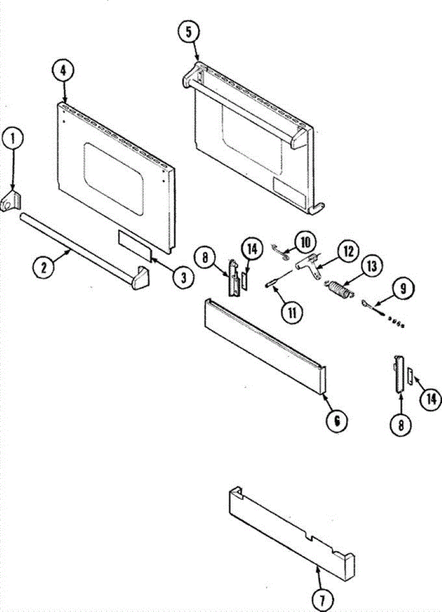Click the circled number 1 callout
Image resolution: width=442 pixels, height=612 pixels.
13,139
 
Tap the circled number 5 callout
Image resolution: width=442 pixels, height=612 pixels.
189,33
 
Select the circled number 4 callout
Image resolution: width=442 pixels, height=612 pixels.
63,71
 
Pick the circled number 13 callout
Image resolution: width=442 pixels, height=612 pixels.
372,266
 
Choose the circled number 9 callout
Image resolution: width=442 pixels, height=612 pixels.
403,289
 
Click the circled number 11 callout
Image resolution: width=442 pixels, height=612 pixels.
292,313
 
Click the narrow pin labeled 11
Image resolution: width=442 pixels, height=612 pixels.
279,277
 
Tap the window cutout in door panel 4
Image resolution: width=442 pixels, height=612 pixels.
114,178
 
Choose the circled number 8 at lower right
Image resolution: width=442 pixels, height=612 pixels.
401,425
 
